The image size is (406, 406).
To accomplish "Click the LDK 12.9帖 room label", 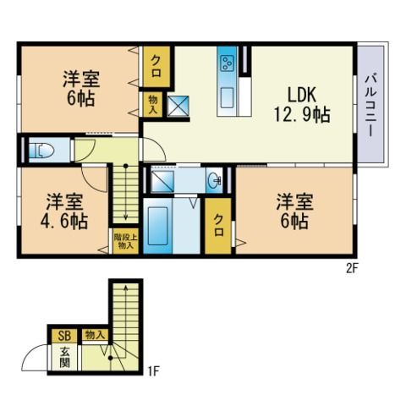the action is coord(302,104).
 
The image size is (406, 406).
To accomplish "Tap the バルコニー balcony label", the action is coord(371,105).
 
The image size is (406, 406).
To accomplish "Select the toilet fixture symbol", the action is coord(42,150).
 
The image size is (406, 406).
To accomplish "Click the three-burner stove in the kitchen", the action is coord(227,63).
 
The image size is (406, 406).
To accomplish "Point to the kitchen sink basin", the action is coord(227,97).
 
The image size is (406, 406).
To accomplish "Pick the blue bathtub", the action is coord(157,226).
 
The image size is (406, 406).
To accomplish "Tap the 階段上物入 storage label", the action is coord(125,241).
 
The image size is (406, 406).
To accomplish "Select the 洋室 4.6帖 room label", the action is coord(64,211).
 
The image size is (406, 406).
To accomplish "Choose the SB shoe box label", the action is coord(64,336).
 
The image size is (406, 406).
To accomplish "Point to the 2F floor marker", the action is coord(352,269).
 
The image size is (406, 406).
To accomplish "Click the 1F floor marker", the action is coord(153,371).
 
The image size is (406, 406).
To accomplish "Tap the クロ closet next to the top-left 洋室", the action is coord(156,66).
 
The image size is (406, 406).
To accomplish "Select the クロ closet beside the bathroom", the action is coord(218,225).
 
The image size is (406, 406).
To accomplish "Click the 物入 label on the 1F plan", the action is coord(95,335).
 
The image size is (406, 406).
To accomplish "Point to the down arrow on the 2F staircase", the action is coord(126,192).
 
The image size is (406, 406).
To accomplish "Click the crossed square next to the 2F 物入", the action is coord(178,106).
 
